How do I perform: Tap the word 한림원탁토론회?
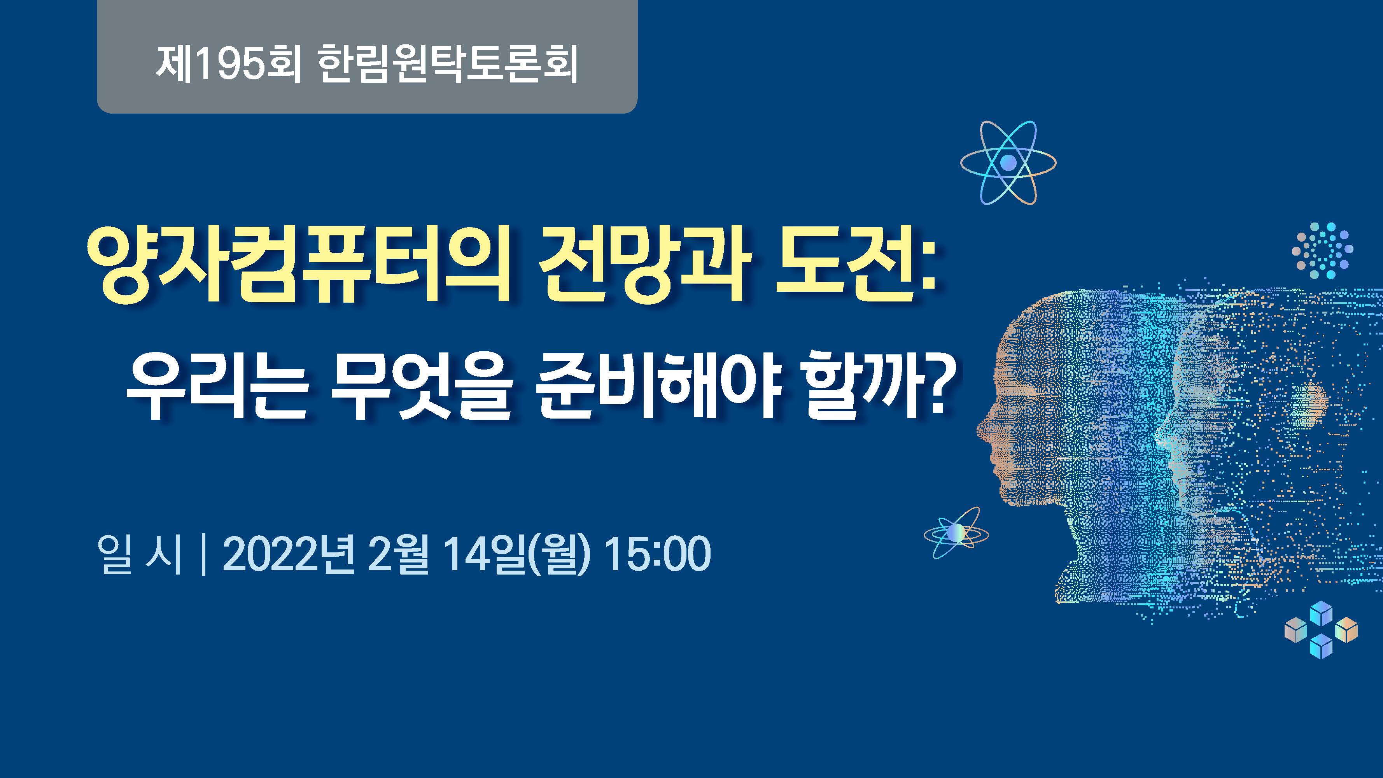pos(448,64)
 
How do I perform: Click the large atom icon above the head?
pos(1008,162)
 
